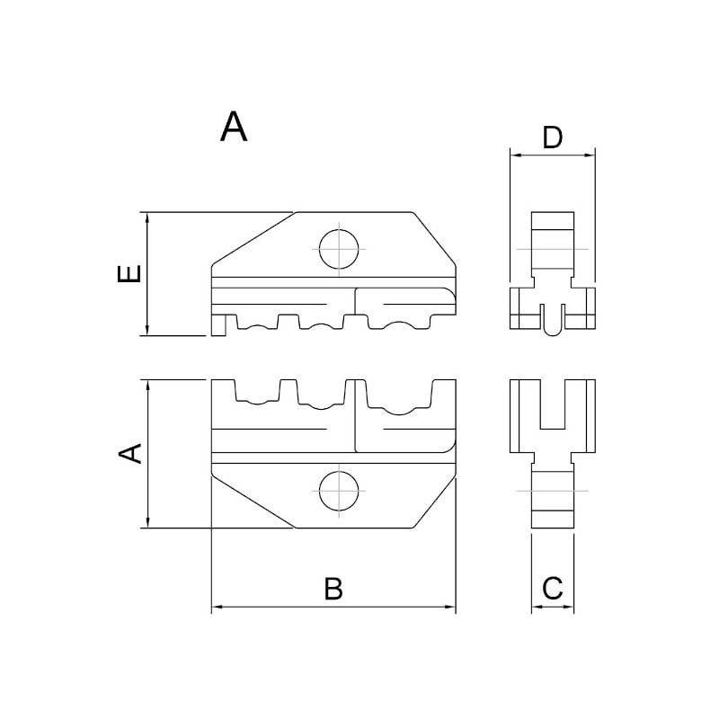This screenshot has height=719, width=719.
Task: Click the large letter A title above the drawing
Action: point(234,127)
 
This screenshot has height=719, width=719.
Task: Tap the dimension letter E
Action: point(129,273)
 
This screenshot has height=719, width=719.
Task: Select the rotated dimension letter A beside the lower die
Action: point(130,454)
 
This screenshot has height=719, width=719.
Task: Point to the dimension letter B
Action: point(333,589)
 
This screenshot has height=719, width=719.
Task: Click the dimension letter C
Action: point(552,589)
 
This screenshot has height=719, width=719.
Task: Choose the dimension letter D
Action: point(552,138)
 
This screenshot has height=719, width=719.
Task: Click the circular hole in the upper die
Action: point(339,250)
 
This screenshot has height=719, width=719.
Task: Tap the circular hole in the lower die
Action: point(339,491)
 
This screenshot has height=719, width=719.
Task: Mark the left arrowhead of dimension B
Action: point(217,607)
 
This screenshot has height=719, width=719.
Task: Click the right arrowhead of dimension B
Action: point(450,607)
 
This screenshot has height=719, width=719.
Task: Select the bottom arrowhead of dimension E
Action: point(147,330)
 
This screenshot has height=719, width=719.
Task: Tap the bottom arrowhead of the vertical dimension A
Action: point(147,522)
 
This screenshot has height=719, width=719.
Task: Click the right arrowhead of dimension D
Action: point(590,155)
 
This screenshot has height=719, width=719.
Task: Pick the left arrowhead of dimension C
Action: point(537,607)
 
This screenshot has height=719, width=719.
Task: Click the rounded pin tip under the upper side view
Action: point(552,331)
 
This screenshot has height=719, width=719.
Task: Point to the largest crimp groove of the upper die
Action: point(399,322)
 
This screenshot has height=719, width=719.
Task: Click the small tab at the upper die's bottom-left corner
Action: point(218,325)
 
